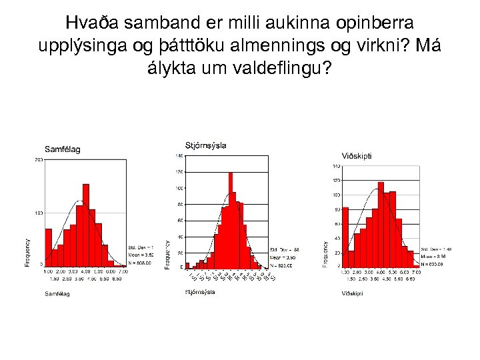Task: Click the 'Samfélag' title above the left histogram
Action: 62,149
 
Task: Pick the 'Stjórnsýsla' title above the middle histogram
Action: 205,145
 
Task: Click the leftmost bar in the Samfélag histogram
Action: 48,247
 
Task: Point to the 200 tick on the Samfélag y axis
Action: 39,161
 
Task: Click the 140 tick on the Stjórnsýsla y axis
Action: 179,156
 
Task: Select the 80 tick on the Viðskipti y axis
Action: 336,210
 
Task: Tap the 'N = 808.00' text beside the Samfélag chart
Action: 141,263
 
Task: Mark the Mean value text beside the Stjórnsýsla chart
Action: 281,257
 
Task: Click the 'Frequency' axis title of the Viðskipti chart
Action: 325,254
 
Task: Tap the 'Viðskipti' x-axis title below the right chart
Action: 353,293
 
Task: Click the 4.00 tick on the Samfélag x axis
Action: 86,271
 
